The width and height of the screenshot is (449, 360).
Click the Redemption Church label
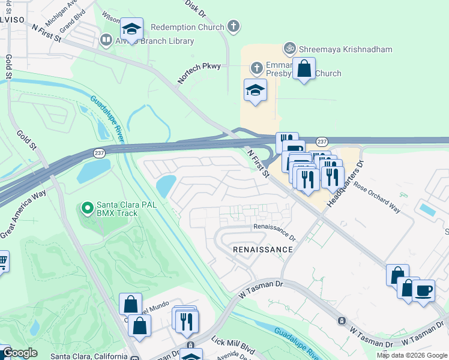click(x=187, y=27)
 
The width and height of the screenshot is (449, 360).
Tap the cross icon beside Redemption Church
click(x=234, y=27)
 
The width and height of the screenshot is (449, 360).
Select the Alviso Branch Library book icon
click(x=106, y=40)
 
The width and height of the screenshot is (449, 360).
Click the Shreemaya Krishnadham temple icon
click(x=290, y=47)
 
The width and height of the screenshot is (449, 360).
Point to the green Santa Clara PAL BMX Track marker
click(x=87, y=208)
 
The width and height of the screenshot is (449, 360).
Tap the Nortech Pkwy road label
click(x=199, y=73)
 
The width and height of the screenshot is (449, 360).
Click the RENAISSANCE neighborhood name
click(x=263, y=249)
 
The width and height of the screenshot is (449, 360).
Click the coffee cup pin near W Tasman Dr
click(x=424, y=290)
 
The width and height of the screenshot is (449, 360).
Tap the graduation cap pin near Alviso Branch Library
click(x=131, y=29)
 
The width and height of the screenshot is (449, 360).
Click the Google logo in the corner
click(x=19, y=353)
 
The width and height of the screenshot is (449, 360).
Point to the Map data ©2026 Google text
click(x=412, y=355)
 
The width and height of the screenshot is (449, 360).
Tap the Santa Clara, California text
click(x=90, y=356)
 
